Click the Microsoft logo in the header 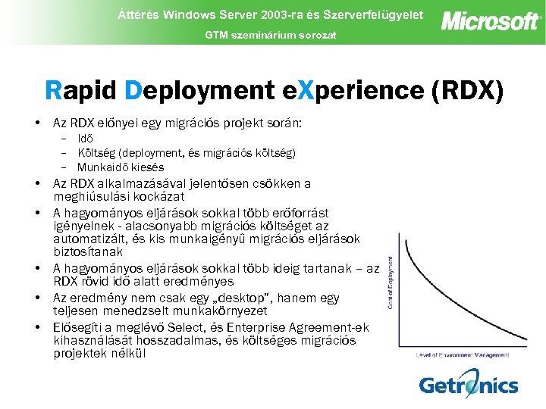click(491, 20)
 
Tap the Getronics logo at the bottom click(469, 384)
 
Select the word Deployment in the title click(200, 90)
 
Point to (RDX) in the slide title click(466, 90)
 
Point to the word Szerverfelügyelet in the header click(372, 14)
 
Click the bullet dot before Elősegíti click(37, 327)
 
